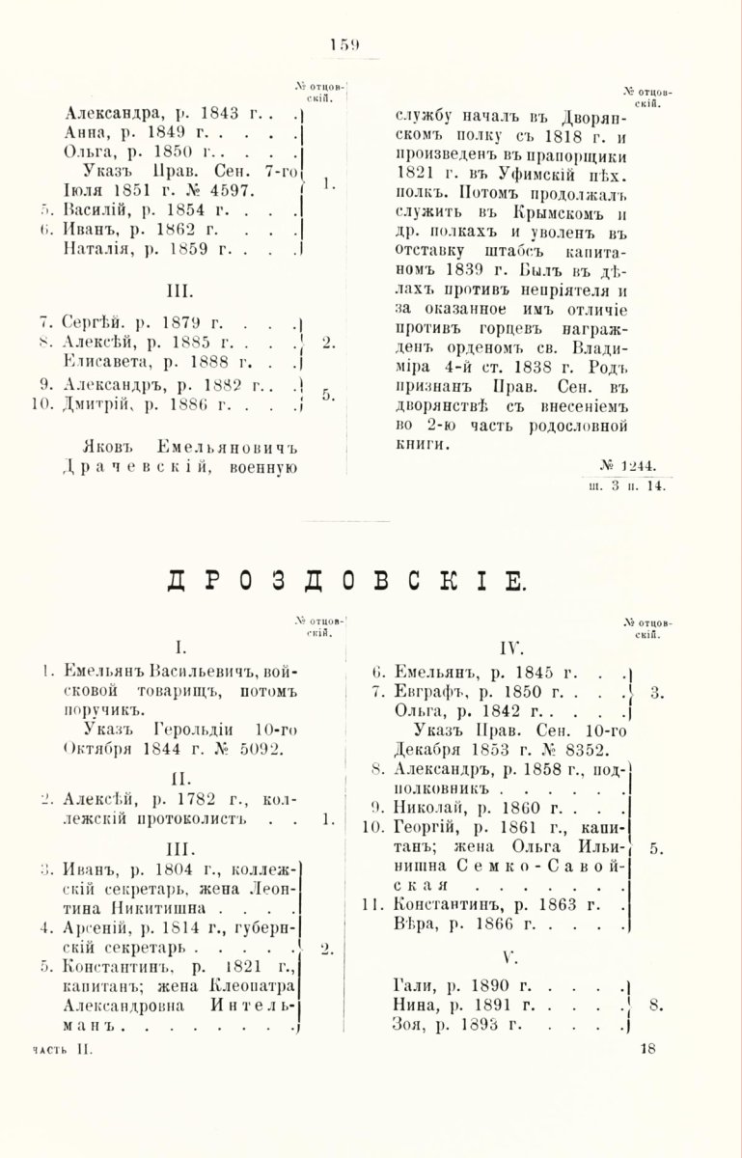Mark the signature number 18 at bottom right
tap(646, 1049)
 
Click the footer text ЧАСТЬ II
tap(60, 1049)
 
